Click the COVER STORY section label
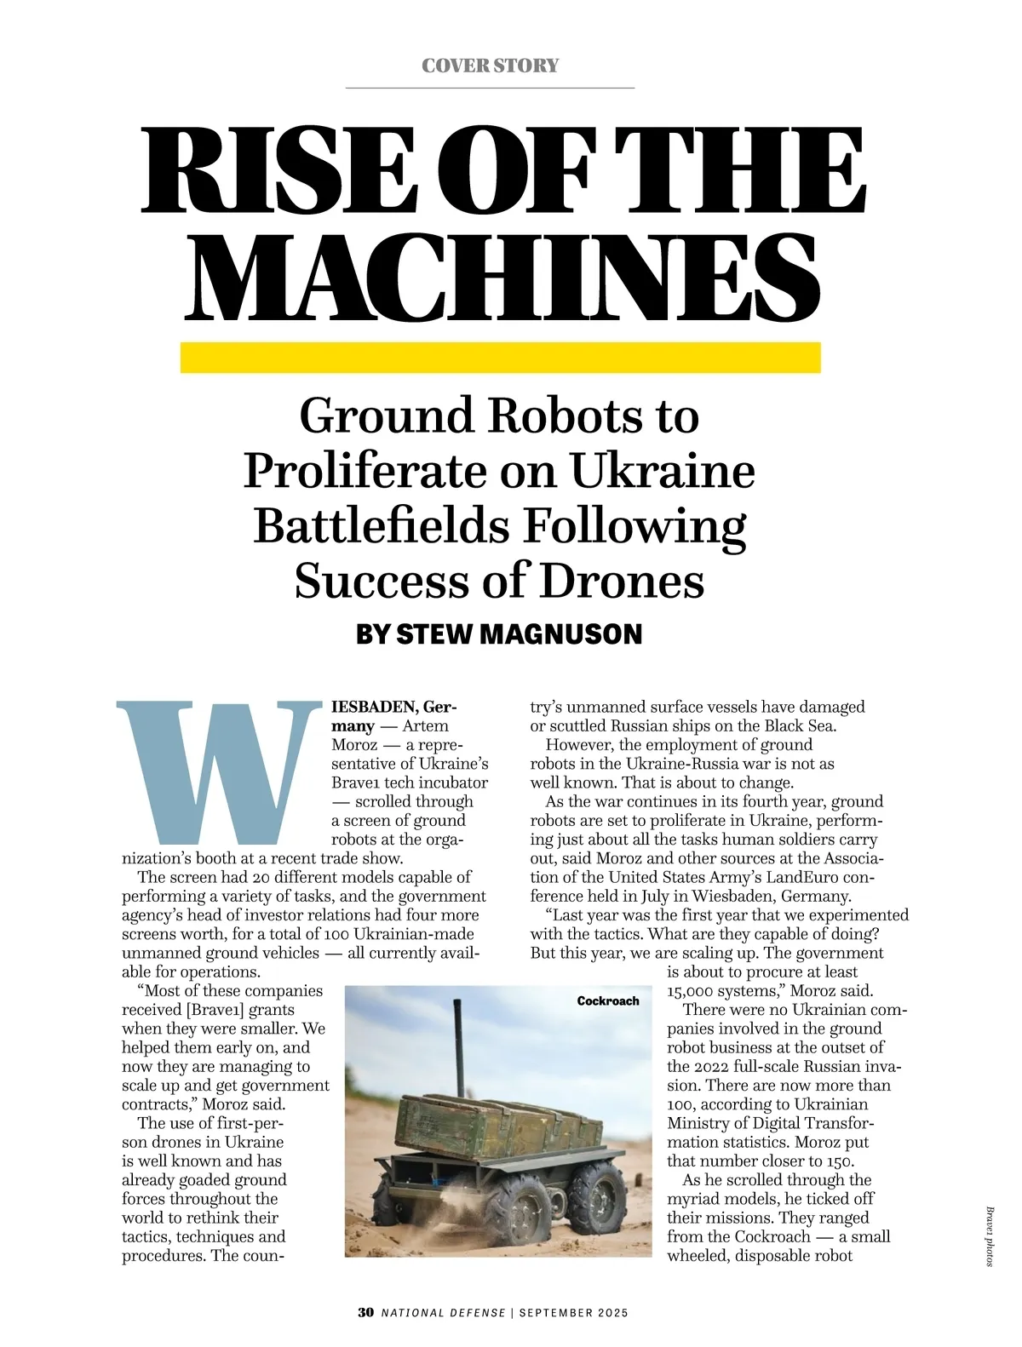point(490,66)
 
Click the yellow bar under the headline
point(500,358)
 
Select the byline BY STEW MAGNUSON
point(498,634)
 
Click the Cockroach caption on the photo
point(607,1000)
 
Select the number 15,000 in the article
point(690,991)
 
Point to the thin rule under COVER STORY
point(490,88)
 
